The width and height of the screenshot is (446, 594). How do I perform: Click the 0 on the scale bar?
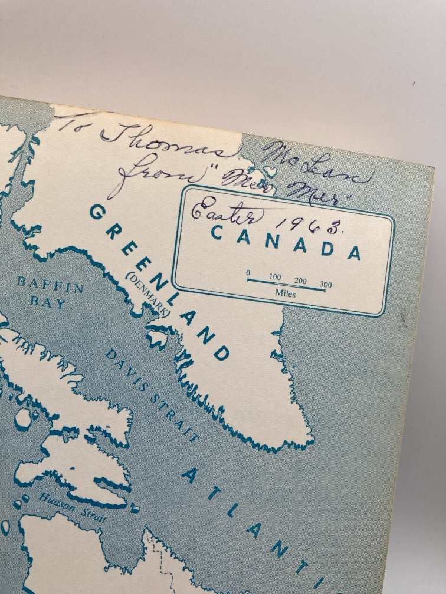pyautogui.click(x=248, y=273)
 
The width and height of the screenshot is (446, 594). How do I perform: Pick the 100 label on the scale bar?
pyautogui.click(x=275, y=276)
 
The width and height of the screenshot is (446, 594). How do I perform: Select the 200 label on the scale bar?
pyautogui.click(x=300, y=280)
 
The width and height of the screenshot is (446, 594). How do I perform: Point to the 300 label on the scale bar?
pyautogui.click(x=326, y=285)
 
